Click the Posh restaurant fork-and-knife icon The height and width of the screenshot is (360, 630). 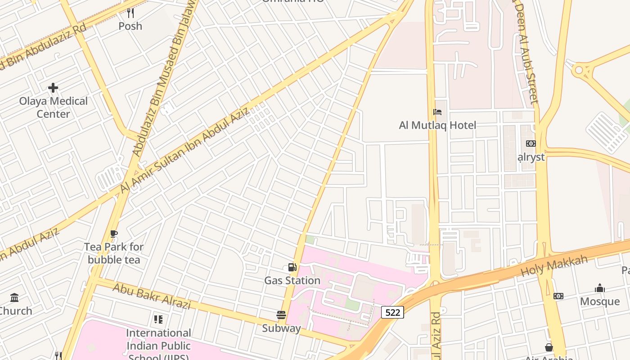coord(130,13)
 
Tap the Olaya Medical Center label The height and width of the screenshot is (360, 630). coord(53,108)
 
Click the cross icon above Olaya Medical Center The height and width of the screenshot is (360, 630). coord(53,87)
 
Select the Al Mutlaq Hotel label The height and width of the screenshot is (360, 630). coord(437,125)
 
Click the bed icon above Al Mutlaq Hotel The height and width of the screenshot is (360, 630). coord(437,112)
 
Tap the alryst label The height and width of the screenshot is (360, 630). coord(531,157)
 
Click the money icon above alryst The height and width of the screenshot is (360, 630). coord(531,144)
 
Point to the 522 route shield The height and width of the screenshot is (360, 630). coord(392,312)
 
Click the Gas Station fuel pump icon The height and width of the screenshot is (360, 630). coord(292,267)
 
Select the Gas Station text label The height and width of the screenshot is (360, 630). coord(292,281)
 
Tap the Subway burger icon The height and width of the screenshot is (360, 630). coord(282,315)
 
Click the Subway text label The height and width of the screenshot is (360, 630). coord(282,328)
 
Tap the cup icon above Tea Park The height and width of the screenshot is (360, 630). coord(114,234)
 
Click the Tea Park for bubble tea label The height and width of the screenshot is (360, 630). coord(114,253)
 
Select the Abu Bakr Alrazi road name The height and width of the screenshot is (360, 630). coord(151,296)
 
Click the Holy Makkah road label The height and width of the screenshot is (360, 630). coord(554,266)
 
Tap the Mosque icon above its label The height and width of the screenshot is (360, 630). coord(600,288)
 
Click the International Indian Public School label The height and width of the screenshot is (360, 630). coord(158,345)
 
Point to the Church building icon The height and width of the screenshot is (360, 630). coord(14,297)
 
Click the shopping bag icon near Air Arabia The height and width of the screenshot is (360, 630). coord(549,347)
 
